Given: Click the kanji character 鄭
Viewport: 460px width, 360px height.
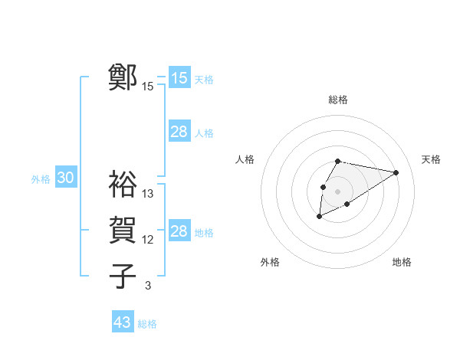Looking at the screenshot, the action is [x=123, y=77].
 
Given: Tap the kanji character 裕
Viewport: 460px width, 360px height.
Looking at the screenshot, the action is [x=123, y=184].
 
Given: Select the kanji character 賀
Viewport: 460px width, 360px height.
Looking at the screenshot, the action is [x=123, y=230].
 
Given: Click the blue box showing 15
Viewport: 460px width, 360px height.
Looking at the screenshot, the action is [x=179, y=78].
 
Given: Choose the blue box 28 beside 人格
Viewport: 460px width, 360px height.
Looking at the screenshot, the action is [x=179, y=132].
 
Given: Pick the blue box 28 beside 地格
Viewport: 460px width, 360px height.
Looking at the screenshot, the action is [x=179, y=231].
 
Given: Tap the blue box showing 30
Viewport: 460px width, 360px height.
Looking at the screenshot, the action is [x=65, y=178].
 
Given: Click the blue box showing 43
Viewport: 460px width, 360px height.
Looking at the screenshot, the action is [x=122, y=322].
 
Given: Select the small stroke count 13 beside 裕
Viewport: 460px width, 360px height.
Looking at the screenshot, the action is [x=148, y=194].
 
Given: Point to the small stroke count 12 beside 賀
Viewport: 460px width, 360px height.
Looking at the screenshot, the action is [x=148, y=240].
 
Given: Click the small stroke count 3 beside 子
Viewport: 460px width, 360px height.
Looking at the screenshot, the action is [x=148, y=286].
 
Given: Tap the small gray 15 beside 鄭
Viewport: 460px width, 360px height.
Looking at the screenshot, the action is [x=148, y=87].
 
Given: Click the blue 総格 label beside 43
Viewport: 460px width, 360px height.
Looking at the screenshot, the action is [x=147, y=324].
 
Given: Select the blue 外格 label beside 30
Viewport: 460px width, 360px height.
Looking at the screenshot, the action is [x=41, y=179].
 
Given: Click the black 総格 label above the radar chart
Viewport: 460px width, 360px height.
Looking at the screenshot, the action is [x=337, y=100].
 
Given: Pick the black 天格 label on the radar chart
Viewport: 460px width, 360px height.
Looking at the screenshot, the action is [x=431, y=159].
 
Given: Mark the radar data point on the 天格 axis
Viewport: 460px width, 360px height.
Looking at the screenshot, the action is [x=396, y=172].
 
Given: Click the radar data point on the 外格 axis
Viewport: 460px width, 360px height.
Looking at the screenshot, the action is [x=319, y=217].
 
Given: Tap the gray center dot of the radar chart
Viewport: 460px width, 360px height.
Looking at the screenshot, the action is [x=337, y=191].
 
